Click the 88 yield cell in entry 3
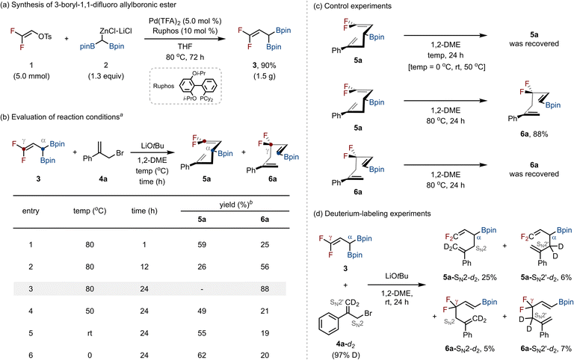[265, 289]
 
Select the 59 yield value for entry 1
[202, 244]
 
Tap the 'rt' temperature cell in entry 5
[90, 333]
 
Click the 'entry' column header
[31, 211]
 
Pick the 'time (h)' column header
[144, 211]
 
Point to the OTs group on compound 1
[45, 36]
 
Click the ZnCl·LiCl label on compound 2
[116, 31]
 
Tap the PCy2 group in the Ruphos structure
[206, 99]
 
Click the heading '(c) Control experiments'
[350, 6]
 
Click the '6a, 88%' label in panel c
[534, 134]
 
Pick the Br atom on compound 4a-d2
[368, 314]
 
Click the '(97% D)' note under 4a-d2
[345, 355]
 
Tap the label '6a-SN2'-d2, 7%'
[546, 349]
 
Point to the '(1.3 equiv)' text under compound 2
[106, 76]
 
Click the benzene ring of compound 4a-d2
[329, 323]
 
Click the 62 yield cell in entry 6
[202, 356]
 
